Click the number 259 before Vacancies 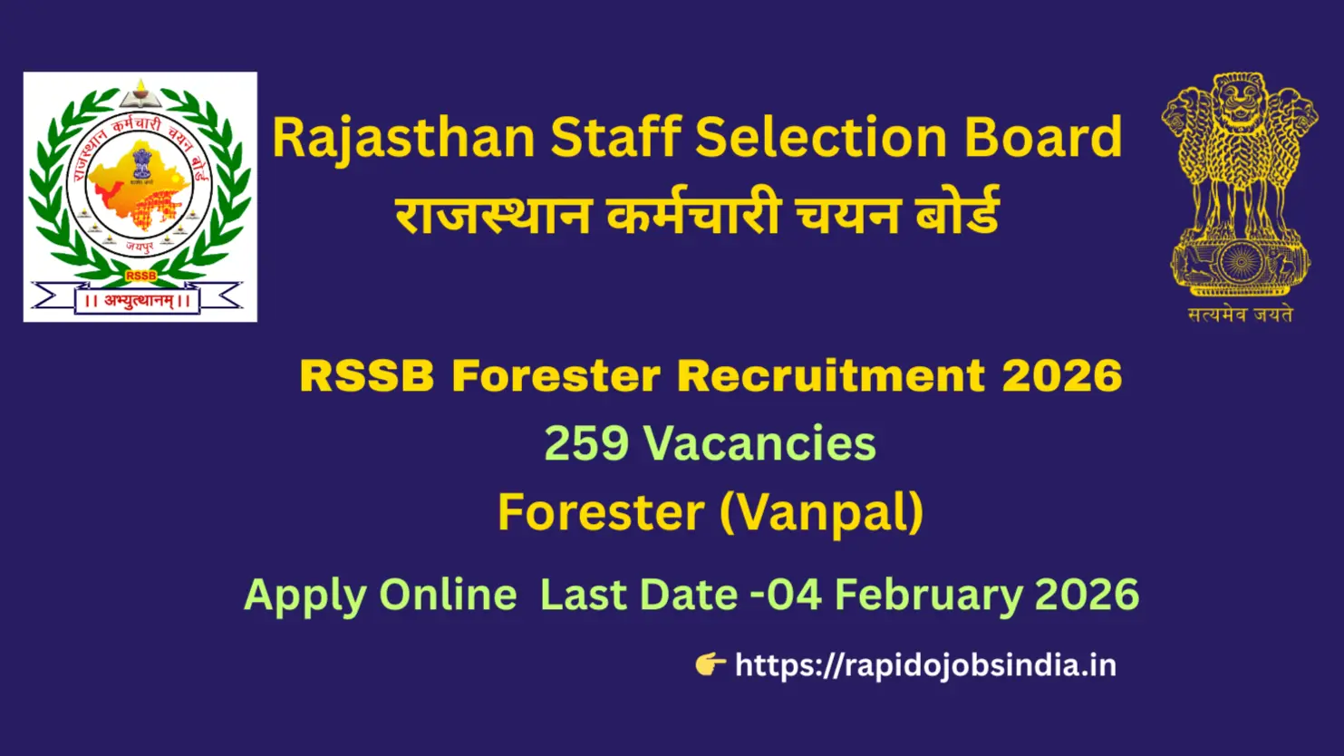(586, 444)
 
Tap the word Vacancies (759, 444)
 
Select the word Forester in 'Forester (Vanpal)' (601, 512)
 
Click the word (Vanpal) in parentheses (821, 512)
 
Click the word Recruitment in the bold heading (831, 376)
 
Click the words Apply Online (380, 596)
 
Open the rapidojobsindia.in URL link (925, 665)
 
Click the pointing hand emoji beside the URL (710, 664)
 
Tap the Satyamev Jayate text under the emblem (1240, 315)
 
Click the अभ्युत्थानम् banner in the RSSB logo (138, 300)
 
